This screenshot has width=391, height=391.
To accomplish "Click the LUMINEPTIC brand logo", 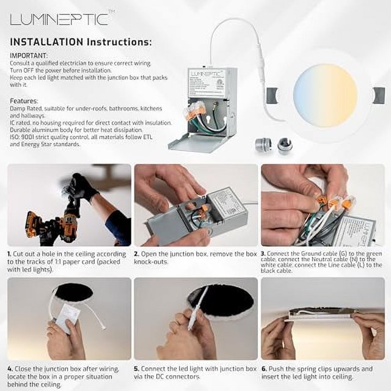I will point(59,19).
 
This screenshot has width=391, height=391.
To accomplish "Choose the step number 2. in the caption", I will point(137,253).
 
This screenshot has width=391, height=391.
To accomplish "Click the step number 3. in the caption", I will point(263,253).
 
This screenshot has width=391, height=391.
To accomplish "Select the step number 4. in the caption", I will point(10,369).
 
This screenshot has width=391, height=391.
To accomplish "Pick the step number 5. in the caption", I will point(137,369).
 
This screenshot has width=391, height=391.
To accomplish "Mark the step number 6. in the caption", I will point(263,369).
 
